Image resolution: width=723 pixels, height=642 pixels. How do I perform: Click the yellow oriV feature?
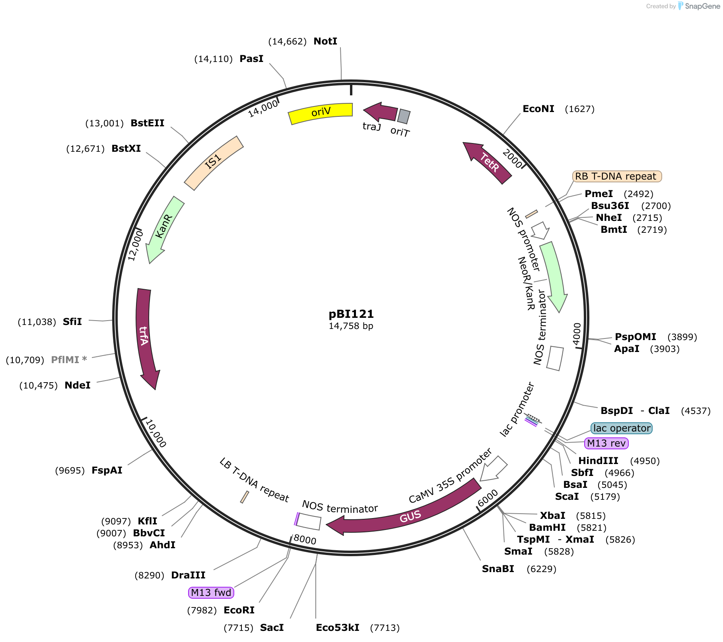tap(321, 113)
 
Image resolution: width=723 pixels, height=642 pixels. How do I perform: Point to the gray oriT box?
tap(404, 116)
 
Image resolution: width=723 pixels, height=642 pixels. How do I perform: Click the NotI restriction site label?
tap(325, 41)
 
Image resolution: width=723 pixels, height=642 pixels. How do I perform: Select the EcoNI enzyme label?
tap(538, 109)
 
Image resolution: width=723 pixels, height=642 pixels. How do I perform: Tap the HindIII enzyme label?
tap(598, 461)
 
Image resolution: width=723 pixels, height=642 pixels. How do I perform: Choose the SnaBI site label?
tap(498, 569)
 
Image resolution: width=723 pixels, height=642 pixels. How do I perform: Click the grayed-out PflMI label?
tap(69, 360)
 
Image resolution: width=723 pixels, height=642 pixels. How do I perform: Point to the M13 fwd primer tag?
tap(211, 593)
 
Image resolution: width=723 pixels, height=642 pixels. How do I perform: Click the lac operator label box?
tap(622, 428)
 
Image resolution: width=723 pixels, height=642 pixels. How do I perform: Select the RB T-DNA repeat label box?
tap(617, 176)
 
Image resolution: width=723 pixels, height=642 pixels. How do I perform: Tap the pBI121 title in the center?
tap(351, 314)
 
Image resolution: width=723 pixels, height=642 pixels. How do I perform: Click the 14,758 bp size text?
tap(351, 326)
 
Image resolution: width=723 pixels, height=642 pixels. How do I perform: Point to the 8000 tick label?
tap(305, 540)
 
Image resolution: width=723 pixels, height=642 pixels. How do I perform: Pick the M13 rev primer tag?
tap(606, 443)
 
